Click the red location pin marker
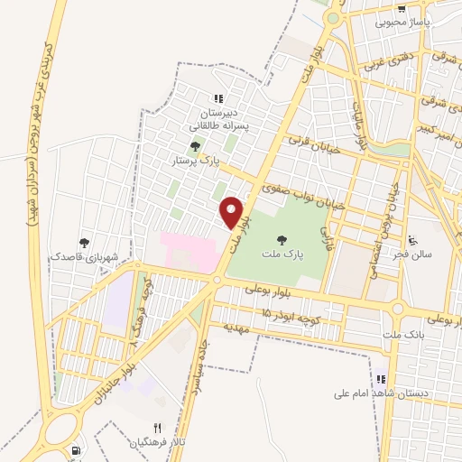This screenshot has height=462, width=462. click(233, 212)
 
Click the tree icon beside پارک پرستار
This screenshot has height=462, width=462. click(195, 146)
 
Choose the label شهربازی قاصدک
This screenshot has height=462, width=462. click(84, 256)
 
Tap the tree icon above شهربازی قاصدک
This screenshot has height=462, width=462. click(84, 242)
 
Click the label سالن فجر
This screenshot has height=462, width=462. click(412, 255)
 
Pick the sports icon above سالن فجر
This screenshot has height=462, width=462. click(412, 240)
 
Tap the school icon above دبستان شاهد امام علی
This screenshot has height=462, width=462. click(381, 379)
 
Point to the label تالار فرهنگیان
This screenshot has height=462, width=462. click(157, 442)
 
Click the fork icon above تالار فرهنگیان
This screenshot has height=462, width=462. click(157, 428)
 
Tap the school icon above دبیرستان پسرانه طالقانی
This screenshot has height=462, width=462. click(217, 99)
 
